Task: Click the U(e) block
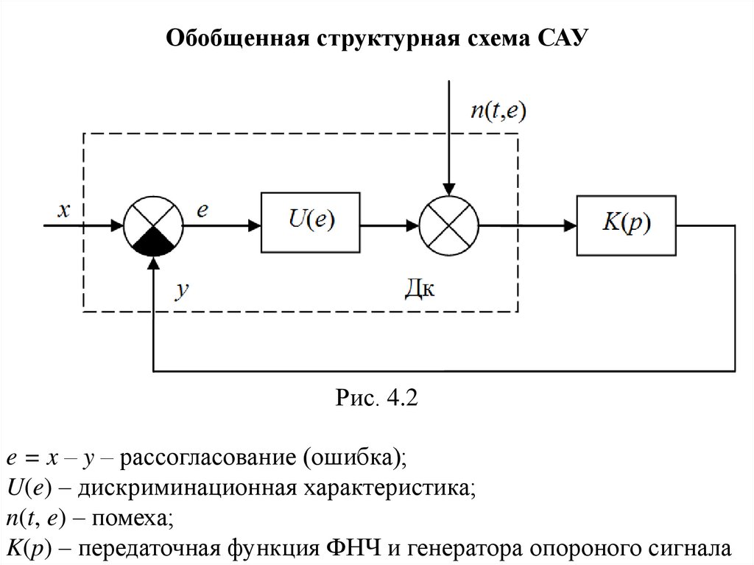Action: point(310,222)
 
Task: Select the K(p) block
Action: point(626,225)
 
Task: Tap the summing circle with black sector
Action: point(153,225)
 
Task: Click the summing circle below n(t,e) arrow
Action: point(448,225)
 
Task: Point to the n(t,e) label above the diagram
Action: point(498,110)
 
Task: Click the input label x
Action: point(63,210)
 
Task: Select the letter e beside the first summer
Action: point(202,210)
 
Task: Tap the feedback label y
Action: point(183,289)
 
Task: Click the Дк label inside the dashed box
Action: point(420,288)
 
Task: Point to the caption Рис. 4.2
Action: point(376,398)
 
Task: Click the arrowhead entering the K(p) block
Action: point(571,225)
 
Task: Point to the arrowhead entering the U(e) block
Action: point(254,225)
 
